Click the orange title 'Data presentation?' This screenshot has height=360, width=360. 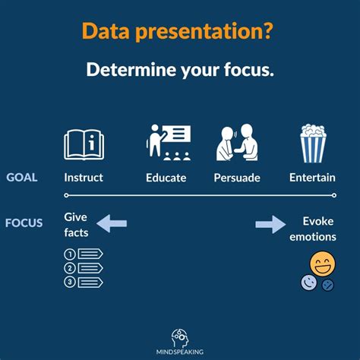(x=179, y=31)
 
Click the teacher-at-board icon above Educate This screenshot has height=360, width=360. (x=168, y=143)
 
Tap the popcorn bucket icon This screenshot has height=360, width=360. (x=312, y=144)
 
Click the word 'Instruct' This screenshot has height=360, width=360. (x=84, y=178)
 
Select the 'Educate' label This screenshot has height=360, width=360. (x=166, y=178)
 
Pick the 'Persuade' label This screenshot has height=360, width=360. (x=237, y=178)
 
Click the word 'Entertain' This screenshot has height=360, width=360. (x=313, y=178)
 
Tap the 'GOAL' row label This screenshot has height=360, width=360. (x=21, y=178)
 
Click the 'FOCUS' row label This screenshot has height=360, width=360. (x=24, y=223)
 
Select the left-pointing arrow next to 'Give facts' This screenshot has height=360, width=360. (x=112, y=223)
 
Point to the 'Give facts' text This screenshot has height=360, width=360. (x=76, y=223)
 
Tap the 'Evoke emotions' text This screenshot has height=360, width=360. (x=313, y=229)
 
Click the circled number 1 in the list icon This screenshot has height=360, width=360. (x=70, y=254)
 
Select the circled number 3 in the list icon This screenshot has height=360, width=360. (x=70, y=282)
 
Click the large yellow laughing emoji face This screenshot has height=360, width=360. (x=323, y=264)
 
